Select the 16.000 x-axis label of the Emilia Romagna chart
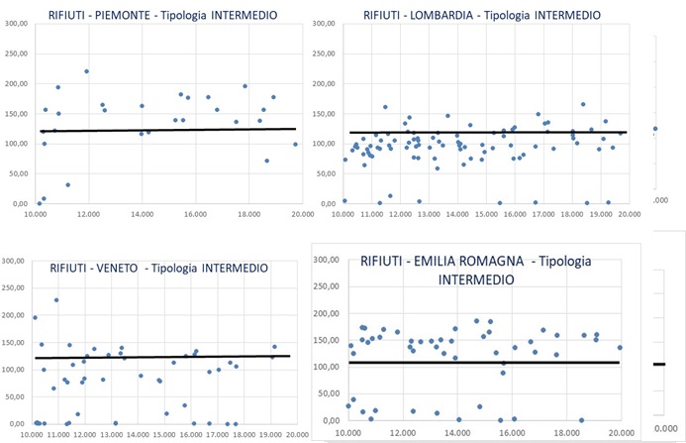click(511, 433)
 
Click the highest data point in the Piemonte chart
click(87, 71)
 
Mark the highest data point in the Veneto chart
click(56, 300)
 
